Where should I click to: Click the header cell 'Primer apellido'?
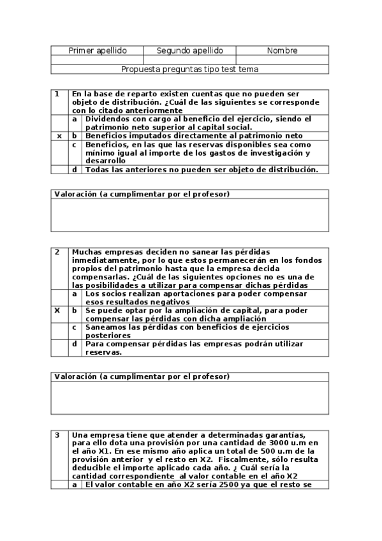pos(97,50)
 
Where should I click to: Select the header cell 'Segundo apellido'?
pos(190,50)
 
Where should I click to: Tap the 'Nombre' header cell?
pos(282,50)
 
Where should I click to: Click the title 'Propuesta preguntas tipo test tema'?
pos(190,68)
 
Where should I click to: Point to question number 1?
pos(57,94)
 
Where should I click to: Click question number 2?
pos(57,252)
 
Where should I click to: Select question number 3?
pos(57,435)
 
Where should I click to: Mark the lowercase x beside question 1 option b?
pos(59,136)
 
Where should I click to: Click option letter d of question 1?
pos(75,170)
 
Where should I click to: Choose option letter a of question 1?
pos(75,119)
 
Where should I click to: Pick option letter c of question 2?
pos(75,327)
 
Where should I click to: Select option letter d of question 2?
pos(75,344)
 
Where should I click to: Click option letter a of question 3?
pos(75,484)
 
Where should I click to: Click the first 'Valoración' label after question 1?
pos(75,193)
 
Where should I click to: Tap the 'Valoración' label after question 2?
pos(75,377)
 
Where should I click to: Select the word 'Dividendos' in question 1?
pos(108,119)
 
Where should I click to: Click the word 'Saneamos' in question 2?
pos(106,327)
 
